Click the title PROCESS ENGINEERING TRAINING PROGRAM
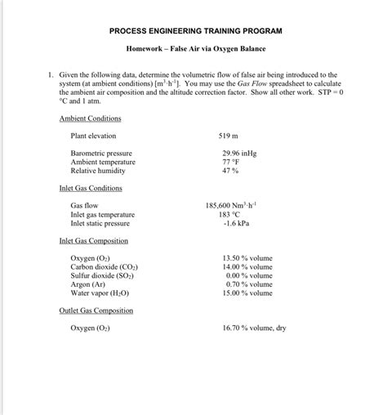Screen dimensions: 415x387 195,30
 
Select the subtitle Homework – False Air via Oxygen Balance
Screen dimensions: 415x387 195,50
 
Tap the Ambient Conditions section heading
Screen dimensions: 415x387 90,118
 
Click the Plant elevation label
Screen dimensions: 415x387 93,136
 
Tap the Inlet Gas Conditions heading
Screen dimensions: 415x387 91,188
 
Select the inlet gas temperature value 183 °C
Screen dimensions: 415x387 235,214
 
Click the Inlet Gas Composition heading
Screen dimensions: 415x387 94,241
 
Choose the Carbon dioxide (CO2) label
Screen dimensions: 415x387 104,266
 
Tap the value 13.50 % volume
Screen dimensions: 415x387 247,258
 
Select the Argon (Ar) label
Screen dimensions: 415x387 88,284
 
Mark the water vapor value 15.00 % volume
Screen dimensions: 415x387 247,292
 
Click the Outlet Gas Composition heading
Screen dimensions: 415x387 96,310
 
